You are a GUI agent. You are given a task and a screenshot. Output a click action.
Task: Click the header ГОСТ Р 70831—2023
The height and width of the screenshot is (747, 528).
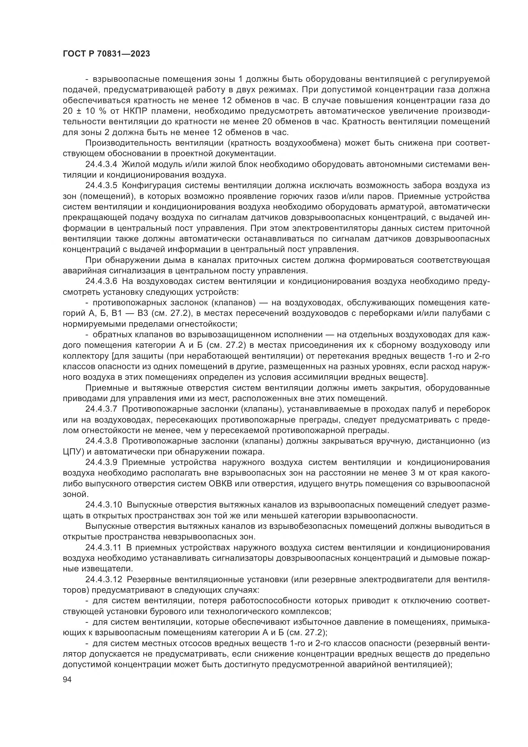(x=106, y=54)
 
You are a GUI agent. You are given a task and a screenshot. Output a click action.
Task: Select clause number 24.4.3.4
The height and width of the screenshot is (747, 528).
(x=101, y=164)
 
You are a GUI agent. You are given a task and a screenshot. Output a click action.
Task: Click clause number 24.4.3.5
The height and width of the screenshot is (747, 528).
(x=101, y=186)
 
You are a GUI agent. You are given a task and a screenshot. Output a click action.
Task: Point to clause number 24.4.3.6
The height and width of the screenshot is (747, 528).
(x=101, y=281)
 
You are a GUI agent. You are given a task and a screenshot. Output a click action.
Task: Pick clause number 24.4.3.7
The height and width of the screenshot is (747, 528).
(x=101, y=409)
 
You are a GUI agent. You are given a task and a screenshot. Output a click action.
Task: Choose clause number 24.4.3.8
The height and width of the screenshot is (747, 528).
(x=101, y=441)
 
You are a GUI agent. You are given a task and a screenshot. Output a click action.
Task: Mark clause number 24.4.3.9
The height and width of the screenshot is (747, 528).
(x=101, y=462)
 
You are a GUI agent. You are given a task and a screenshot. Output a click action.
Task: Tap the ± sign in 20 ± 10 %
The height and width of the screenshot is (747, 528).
(x=79, y=111)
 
